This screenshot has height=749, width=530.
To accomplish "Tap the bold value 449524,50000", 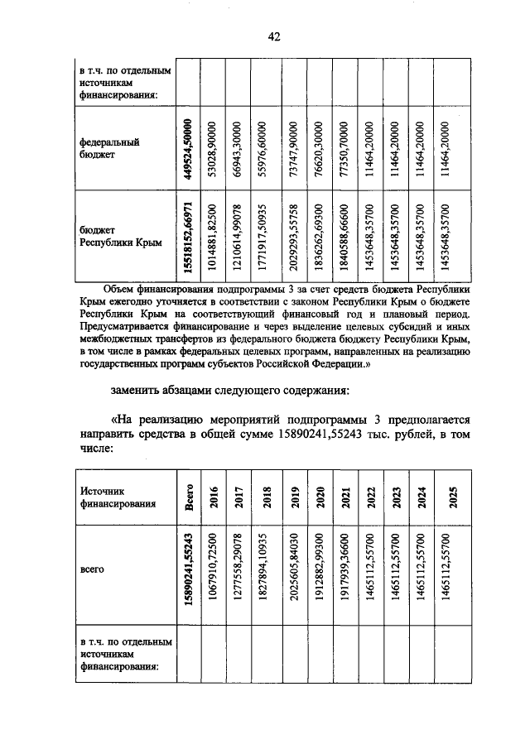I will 190,147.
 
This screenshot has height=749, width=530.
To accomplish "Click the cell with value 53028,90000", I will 214,147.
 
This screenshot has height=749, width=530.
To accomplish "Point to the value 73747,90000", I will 293,147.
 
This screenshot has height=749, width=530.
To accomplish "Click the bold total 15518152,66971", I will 190,238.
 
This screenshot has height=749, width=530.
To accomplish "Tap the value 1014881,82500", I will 214,238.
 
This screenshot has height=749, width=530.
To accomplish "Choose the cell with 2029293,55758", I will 293,238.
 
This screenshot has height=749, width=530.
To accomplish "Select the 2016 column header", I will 214,497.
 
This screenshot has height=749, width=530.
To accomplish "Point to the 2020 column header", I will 319,497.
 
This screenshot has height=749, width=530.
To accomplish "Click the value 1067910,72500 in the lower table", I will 214,569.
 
